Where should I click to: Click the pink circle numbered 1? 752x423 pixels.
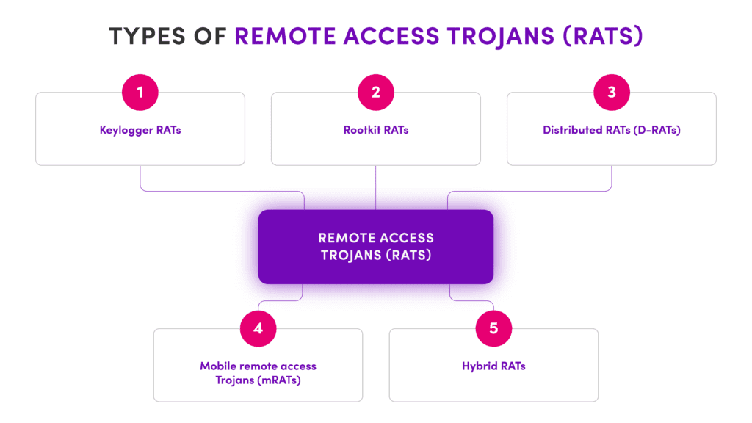[x=140, y=92]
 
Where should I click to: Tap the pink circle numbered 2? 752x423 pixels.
[x=376, y=92]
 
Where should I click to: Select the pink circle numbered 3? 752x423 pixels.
[x=612, y=92]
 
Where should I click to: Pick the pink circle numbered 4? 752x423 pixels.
[x=258, y=328]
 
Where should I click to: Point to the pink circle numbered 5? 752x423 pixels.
[x=493, y=328]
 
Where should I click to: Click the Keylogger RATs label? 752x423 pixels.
[x=140, y=130]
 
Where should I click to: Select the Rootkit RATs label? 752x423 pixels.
[x=376, y=130]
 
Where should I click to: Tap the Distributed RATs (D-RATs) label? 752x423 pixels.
[x=612, y=130]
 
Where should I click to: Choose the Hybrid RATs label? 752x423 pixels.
[x=493, y=366]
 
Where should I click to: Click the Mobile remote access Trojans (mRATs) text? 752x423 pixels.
[x=258, y=372]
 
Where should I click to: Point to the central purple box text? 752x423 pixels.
[x=376, y=247]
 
